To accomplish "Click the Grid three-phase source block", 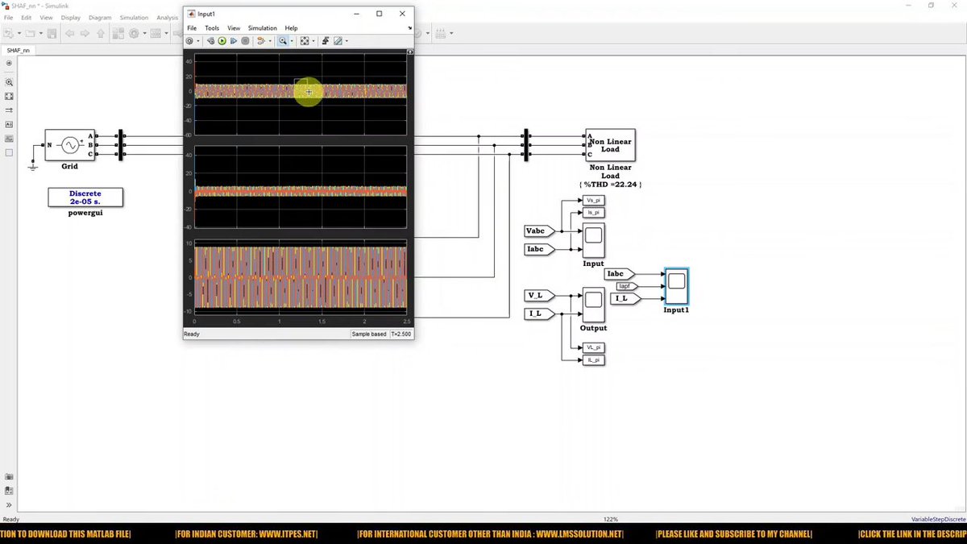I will pos(69,145).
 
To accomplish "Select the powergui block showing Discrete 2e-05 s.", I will pos(85,197).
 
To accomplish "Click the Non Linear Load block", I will pos(610,145).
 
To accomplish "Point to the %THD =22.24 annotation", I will pos(610,185).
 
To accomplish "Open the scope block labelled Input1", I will pos(676,285).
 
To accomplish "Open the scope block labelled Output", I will pos(593,305).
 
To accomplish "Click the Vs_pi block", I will pos(593,200).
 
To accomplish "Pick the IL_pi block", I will pos(593,360).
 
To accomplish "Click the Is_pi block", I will pos(593,213).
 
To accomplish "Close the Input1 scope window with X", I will pos(401,14).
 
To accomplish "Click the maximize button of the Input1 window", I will pos(380,14).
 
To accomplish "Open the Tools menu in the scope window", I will pos(212,28).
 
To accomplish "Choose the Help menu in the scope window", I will pos(291,28).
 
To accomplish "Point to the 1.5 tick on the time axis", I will pos(322,322).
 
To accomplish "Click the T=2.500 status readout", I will pos(401,334).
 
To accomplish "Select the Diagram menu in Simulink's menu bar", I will pos(100,17).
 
